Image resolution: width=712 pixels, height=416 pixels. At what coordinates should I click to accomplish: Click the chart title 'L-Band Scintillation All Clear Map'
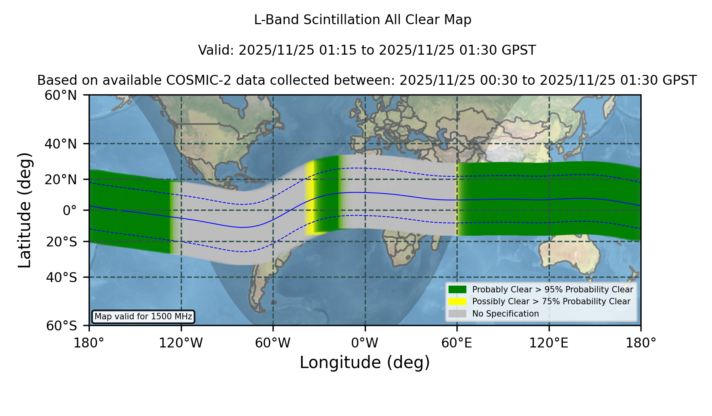pos(362,20)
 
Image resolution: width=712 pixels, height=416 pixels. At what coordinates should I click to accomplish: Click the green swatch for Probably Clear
pos(458,289)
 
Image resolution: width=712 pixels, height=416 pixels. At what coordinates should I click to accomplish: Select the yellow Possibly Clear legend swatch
pos(458,302)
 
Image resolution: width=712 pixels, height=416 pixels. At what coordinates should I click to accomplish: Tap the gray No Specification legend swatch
pos(458,314)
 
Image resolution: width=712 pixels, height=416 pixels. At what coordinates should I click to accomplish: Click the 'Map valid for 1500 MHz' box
pos(143,317)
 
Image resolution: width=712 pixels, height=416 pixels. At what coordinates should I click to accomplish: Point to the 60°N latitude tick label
pos(61,95)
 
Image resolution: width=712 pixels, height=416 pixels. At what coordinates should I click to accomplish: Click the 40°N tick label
pos(61,144)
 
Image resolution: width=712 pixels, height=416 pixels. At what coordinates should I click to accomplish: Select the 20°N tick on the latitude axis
pos(61,179)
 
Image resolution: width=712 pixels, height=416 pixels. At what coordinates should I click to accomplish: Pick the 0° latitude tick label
pos(70,210)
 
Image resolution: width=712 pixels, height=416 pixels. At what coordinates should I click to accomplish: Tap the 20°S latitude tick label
pos(62,242)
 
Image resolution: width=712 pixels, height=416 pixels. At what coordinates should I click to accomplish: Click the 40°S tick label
pos(62,277)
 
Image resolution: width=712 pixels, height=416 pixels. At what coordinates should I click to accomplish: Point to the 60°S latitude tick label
pos(62,326)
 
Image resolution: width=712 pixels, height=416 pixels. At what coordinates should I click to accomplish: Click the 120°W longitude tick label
pos(181,343)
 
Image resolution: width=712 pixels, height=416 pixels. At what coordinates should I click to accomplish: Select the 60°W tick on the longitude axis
pos(273,343)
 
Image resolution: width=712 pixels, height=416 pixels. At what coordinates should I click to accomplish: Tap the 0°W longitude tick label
pos(365,343)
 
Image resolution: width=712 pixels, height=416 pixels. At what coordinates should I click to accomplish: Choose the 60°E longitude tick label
pos(457,343)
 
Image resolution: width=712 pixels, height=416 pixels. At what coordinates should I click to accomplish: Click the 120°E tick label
pos(549,343)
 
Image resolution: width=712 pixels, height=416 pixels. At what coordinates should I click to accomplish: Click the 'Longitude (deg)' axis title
pos(365,363)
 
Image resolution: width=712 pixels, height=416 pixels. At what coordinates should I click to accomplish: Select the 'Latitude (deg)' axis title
pos(25,210)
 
